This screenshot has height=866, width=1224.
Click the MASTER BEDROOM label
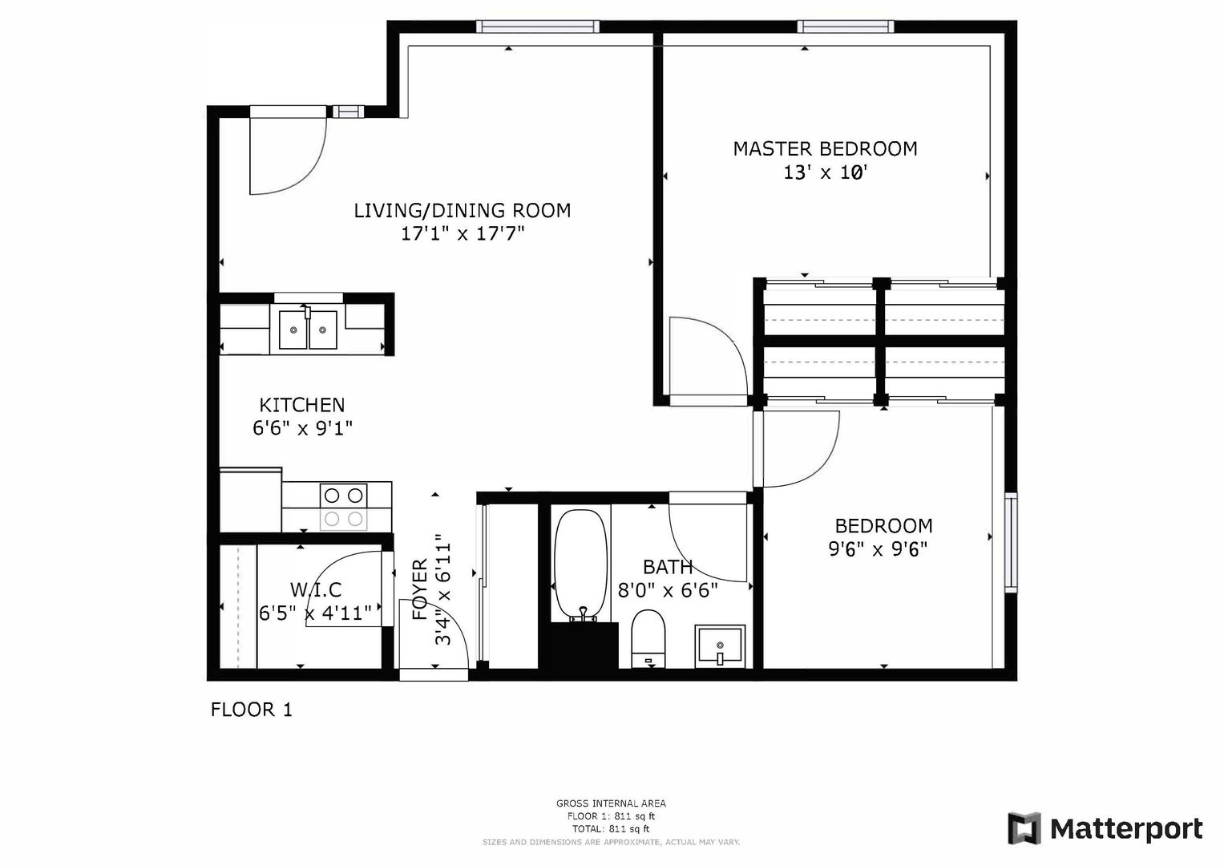pyautogui.click(x=825, y=148)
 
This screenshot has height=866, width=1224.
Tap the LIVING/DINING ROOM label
pyautogui.click(x=463, y=210)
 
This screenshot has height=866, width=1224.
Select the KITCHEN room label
pyautogui.click(x=302, y=405)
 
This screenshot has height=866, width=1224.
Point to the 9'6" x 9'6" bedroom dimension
pyautogui.click(x=878, y=548)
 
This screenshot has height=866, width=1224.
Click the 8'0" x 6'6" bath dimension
pyautogui.click(x=668, y=590)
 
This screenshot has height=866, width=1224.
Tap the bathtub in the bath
pyautogui.click(x=581, y=566)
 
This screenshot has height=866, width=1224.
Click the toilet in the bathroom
pyautogui.click(x=648, y=639)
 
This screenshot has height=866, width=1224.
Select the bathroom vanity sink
pyautogui.click(x=720, y=647)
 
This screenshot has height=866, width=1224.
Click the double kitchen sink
pyautogui.click(x=308, y=330)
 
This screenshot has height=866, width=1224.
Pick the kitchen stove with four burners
pyautogui.click(x=343, y=506)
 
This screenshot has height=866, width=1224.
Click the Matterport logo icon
pyautogui.click(x=1024, y=828)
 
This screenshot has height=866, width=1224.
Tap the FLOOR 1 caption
pyautogui.click(x=252, y=710)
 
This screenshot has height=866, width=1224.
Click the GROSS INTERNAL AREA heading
pyautogui.click(x=611, y=803)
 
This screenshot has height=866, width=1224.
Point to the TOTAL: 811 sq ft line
pyautogui.click(x=611, y=829)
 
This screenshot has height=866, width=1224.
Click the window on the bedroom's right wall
pyautogui.click(x=1011, y=542)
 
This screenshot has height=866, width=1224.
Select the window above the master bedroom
pyautogui.click(x=846, y=26)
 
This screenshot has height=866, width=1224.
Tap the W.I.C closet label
pyautogui.click(x=316, y=589)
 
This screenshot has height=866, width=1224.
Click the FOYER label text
pyautogui.click(x=420, y=589)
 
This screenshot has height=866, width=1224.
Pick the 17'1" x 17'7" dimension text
pyautogui.click(x=463, y=234)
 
